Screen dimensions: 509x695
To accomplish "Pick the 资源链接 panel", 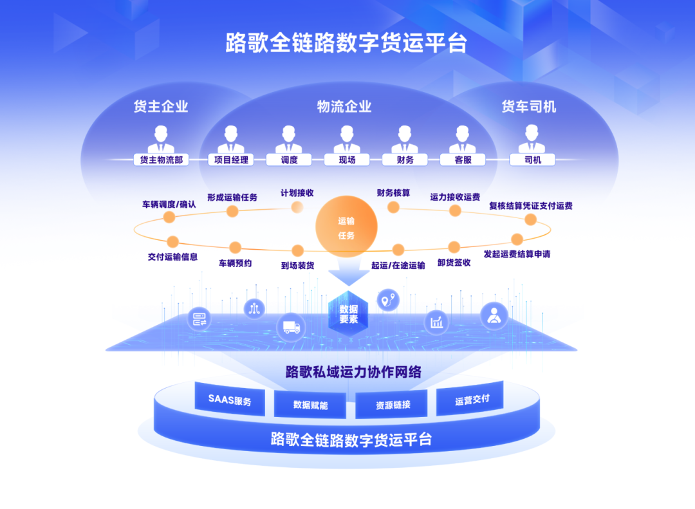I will (x=393, y=405).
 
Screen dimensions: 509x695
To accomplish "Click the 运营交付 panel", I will (x=472, y=400).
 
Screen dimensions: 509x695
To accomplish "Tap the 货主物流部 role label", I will (x=161, y=160).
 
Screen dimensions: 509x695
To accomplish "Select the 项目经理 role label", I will (x=231, y=160).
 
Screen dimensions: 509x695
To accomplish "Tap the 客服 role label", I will (x=463, y=160).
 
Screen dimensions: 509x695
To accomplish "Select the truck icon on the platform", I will (x=291, y=326).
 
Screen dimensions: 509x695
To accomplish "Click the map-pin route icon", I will (x=387, y=299).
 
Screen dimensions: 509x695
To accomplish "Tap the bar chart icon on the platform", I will (x=438, y=321).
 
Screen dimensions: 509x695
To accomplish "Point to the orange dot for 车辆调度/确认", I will (x=169, y=217).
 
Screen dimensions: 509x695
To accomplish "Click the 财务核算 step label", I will (x=393, y=192).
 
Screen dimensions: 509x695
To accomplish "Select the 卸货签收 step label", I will (x=454, y=263).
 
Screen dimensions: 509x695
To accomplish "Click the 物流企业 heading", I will (x=345, y=107).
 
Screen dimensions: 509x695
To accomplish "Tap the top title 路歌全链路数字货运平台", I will (x=346, y=43).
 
